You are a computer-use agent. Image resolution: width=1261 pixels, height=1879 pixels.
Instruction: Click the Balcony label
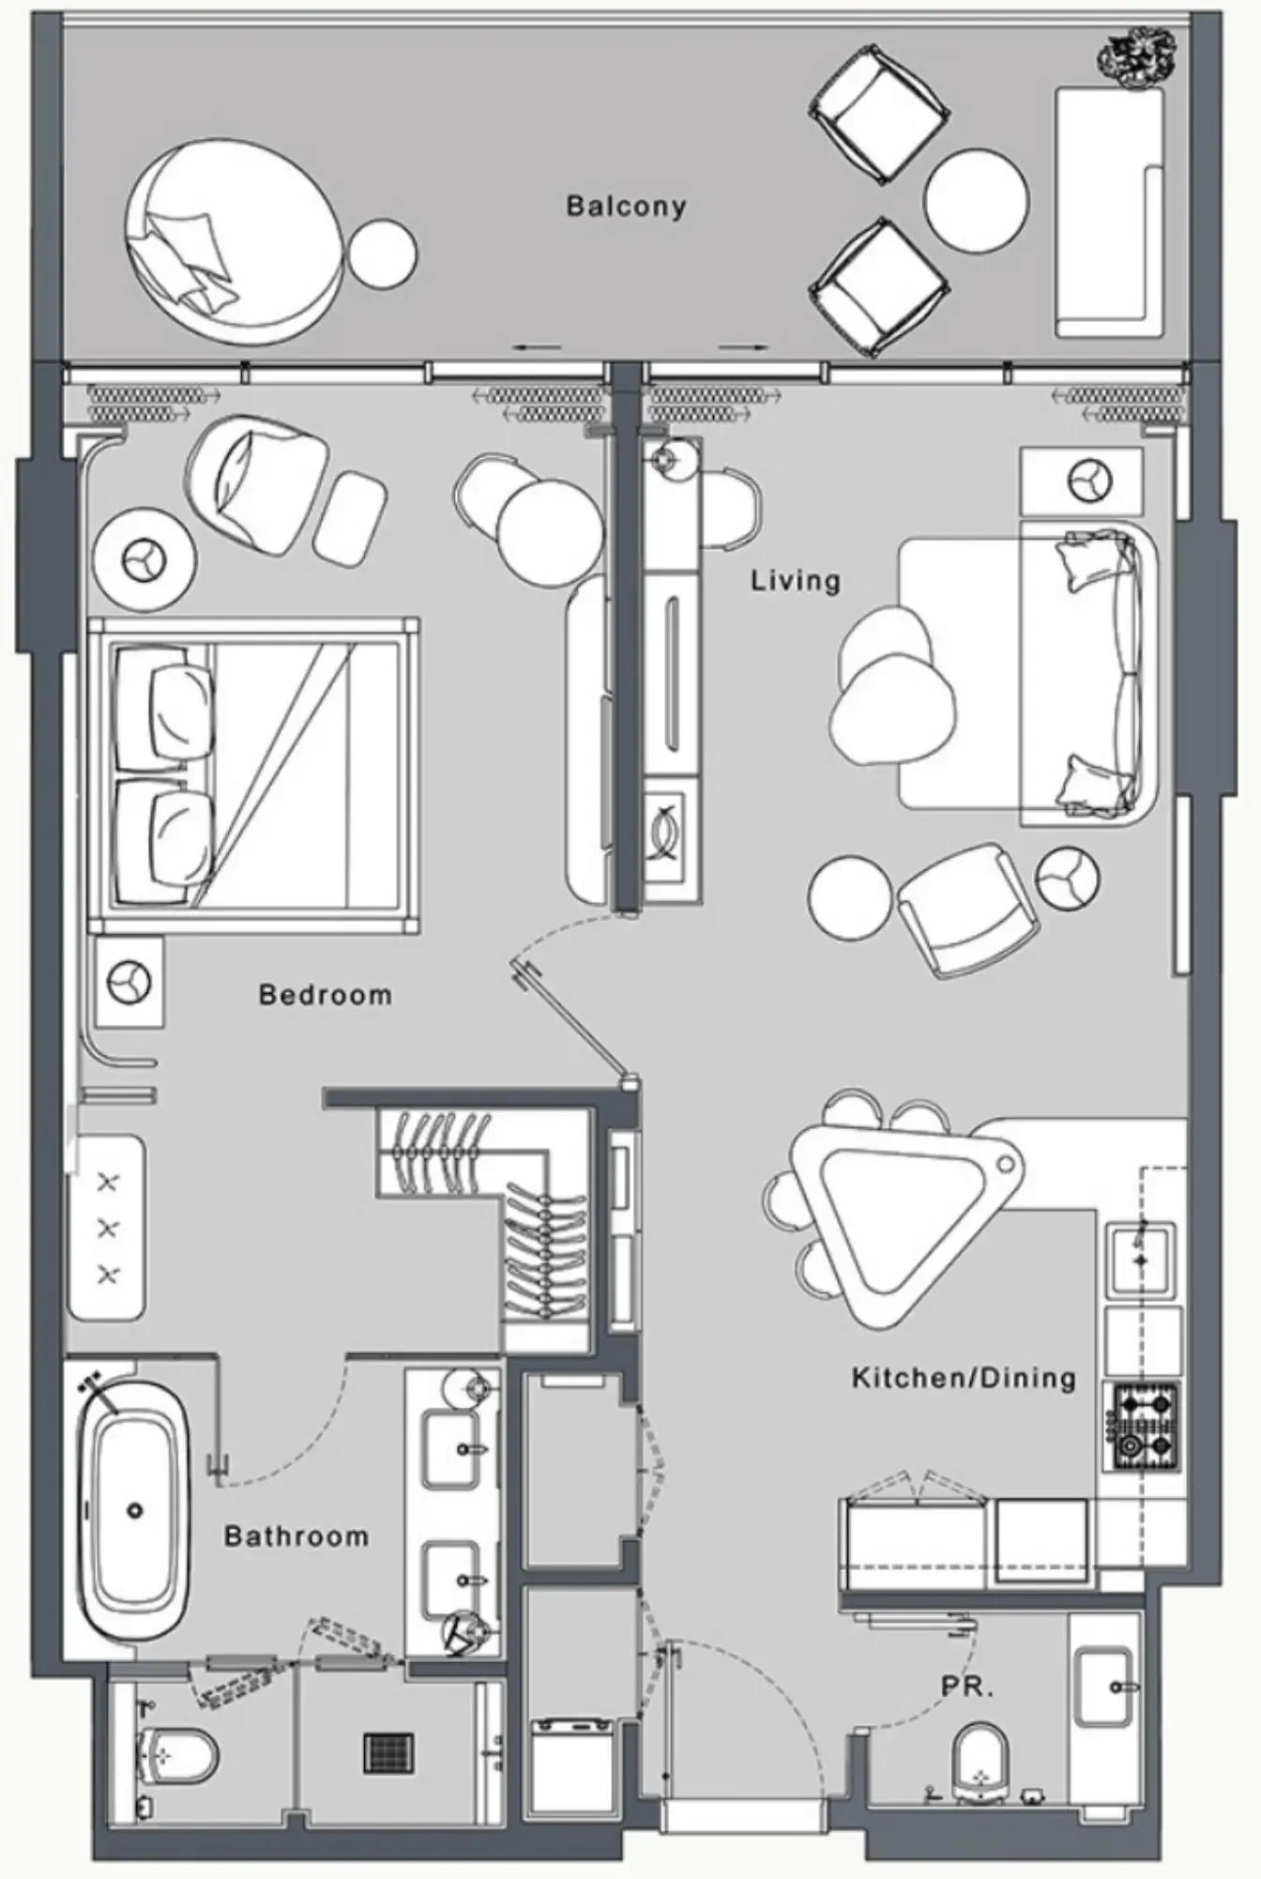click(x=626, y=206)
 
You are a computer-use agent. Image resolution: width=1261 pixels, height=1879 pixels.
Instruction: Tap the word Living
click(x=796, y=580)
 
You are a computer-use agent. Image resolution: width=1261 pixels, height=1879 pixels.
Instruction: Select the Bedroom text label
click(x=325, y=995)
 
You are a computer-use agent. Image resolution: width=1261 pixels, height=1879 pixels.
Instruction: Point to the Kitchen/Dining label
click(x=964, y=1378)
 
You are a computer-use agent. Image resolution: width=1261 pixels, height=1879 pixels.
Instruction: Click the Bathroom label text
click(x=296, y=1536)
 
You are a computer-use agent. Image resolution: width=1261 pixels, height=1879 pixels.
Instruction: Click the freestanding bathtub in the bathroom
click(x=134, y=1512)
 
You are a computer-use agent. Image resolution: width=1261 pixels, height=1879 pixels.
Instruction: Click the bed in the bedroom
click(x=253, y=774)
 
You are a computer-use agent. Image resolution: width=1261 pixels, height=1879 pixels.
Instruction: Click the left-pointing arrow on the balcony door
click(x=537, y=347)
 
